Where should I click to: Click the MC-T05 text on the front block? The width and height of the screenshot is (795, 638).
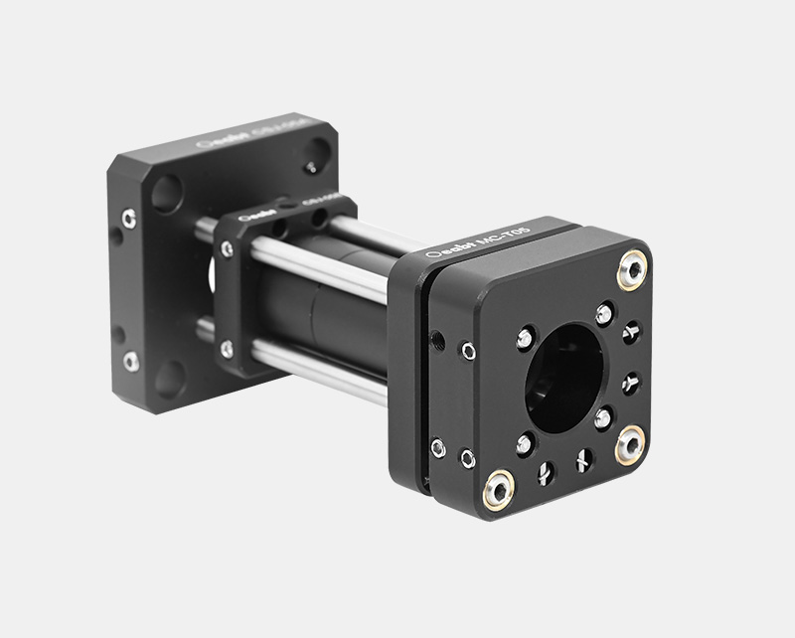pos(505,240)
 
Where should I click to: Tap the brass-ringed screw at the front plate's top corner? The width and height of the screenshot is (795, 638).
pos(630,268)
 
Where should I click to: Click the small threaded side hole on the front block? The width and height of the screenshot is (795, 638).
pos(438,342)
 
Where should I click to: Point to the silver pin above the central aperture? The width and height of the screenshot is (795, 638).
pos(604,314)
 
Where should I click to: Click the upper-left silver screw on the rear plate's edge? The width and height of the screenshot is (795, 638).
pos(129,218)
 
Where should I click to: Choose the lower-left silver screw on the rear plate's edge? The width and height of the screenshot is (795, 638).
pos(130,361)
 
